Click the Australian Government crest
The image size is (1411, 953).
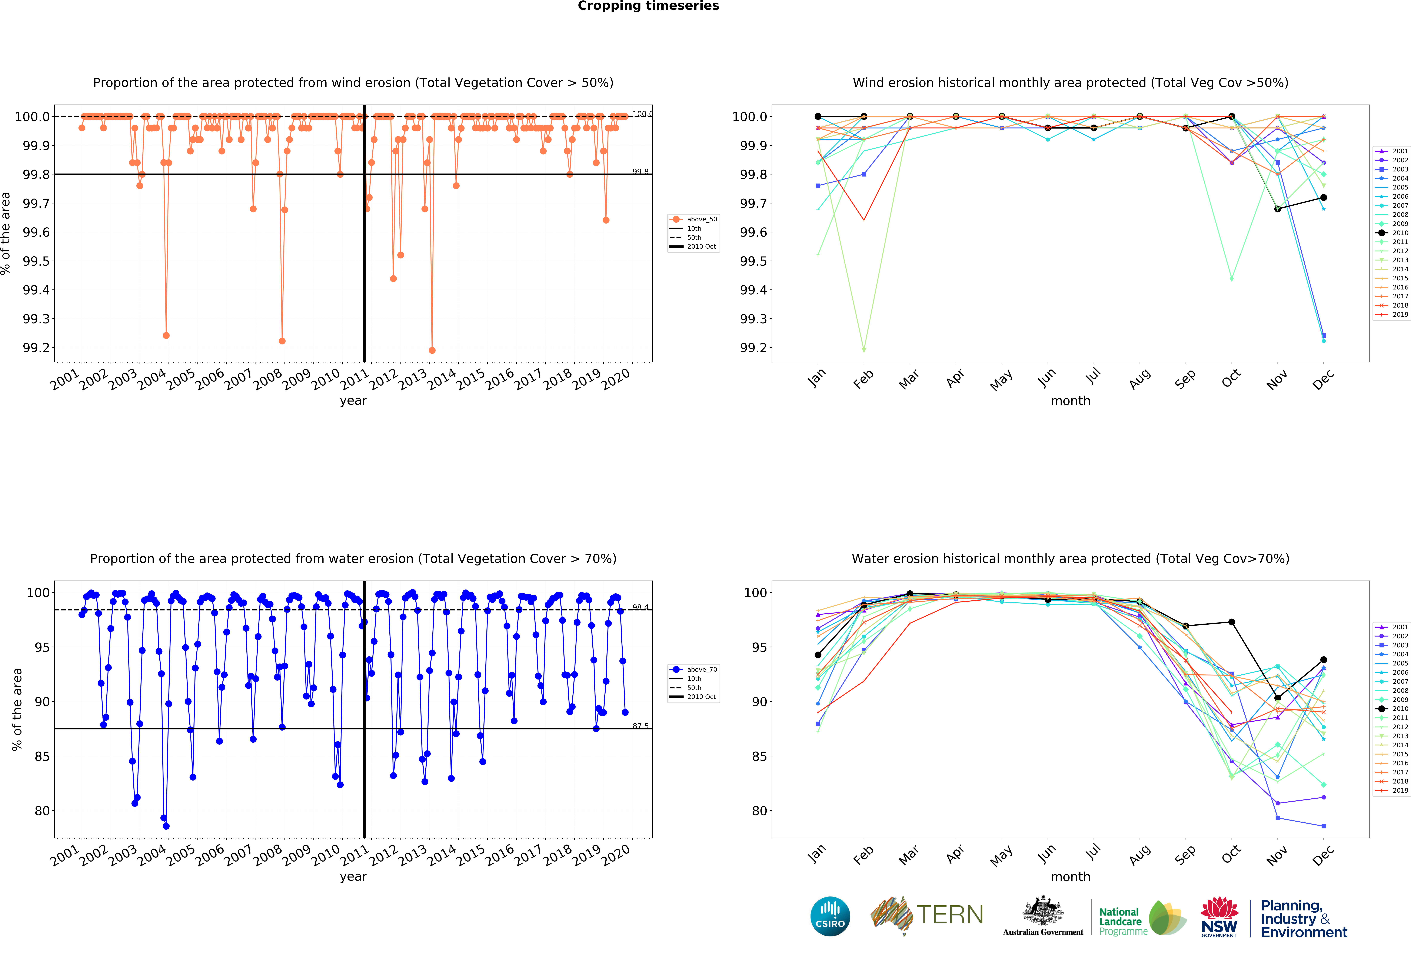click(1042, 910)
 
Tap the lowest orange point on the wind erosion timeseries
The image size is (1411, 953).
click(432, 350)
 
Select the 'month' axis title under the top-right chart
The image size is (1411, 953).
click(1070, 401)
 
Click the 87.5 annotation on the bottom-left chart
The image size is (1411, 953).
click(640, 726)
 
